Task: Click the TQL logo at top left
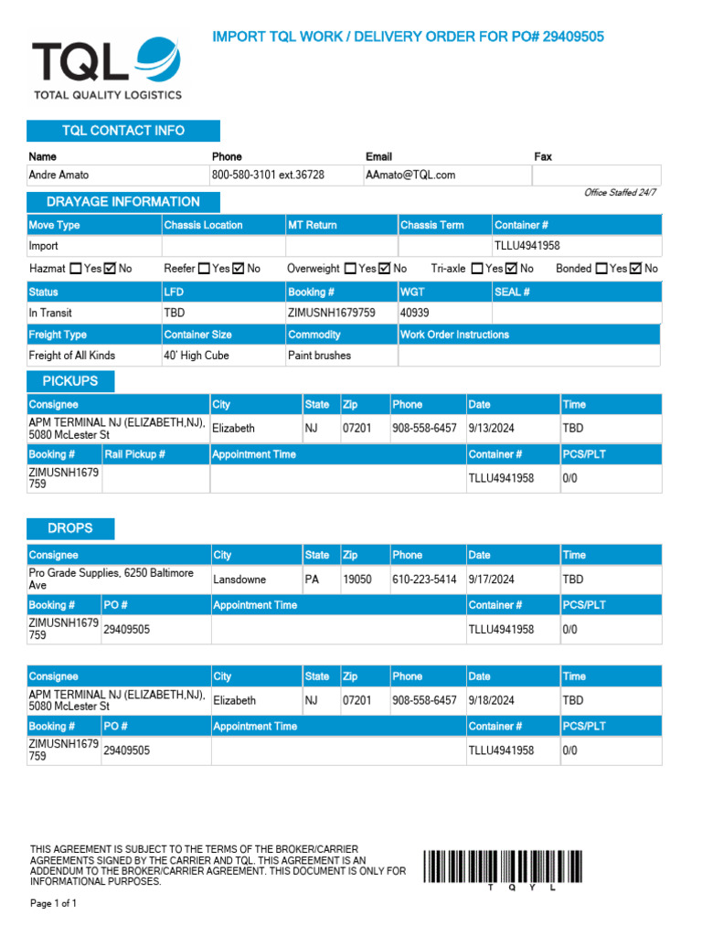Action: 106,68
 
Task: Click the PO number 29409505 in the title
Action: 573,37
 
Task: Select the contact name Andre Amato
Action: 59,175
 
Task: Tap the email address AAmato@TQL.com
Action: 410,175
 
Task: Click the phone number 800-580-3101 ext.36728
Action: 268,175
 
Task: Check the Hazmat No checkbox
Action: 111,269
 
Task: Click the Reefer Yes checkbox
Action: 205,269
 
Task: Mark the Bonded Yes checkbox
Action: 601,269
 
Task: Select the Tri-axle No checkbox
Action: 512,269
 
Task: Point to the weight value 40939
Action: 414,313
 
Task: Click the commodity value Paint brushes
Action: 319,356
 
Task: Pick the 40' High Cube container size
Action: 196,356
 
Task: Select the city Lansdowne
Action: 239,579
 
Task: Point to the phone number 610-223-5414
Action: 424,579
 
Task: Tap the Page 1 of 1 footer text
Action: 54,903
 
